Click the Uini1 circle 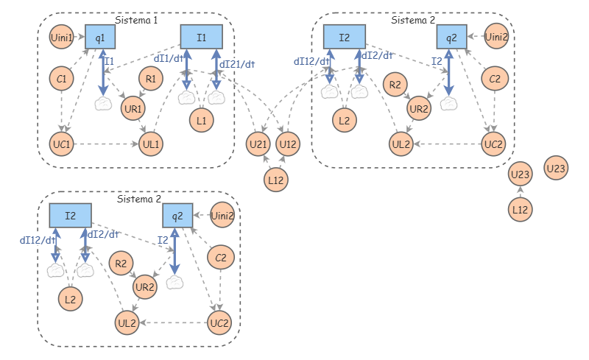click(61, 38)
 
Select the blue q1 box click(100, 37)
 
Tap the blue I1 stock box click(201, 37)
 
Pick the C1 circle click(61, 79)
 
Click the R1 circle click(151, 79)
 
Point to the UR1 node click(133, 109)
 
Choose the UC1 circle click(61, 144)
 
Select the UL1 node click(151, 144)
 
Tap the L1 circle click(201, 120)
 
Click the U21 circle click(258, 144)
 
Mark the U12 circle click(288, 144)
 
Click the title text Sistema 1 click(136, 20)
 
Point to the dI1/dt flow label click(169, 59)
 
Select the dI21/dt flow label click(237, 64)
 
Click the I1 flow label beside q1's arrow click(109, 61)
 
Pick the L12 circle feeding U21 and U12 click(275, 180)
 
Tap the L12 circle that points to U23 click(520, 209)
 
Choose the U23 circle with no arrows click(556, 168)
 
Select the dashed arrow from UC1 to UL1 click(106, 144)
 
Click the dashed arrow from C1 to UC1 click(62, 111)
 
